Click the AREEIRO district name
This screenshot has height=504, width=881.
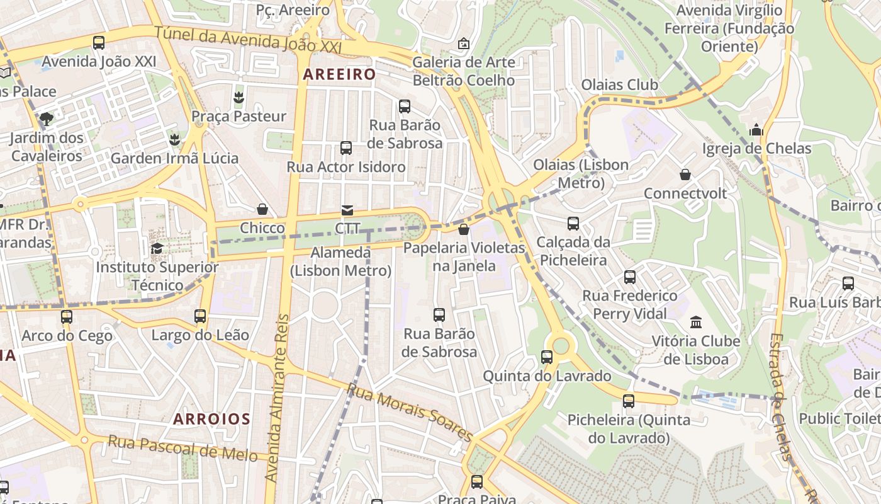click(339, 74)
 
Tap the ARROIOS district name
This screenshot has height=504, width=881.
click(212, 419)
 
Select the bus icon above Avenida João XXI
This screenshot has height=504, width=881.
click(99, 43)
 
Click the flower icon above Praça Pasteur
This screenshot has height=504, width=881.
click(238, 97)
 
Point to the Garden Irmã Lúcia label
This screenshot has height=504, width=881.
click(174, 158)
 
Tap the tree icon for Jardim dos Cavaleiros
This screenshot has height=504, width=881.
click(46, 118)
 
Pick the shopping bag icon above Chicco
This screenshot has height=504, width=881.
click(262, 209)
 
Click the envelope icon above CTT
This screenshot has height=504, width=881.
click(347, 210)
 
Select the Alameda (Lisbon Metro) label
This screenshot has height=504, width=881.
click(340, 261)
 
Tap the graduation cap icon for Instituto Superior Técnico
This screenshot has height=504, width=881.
click(157, 248)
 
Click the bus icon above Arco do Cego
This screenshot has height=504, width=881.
click(67, 316)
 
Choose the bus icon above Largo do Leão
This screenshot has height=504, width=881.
click(200, 316)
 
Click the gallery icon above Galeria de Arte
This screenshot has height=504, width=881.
click(464, 43)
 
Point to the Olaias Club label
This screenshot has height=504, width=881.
click(619, 85)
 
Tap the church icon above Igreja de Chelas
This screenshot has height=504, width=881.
click(756, 130)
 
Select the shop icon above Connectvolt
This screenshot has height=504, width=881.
click(685, 175)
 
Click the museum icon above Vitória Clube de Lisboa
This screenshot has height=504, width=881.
click(696, 323)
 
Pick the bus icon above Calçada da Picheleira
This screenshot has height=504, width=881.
click(573, 223)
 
